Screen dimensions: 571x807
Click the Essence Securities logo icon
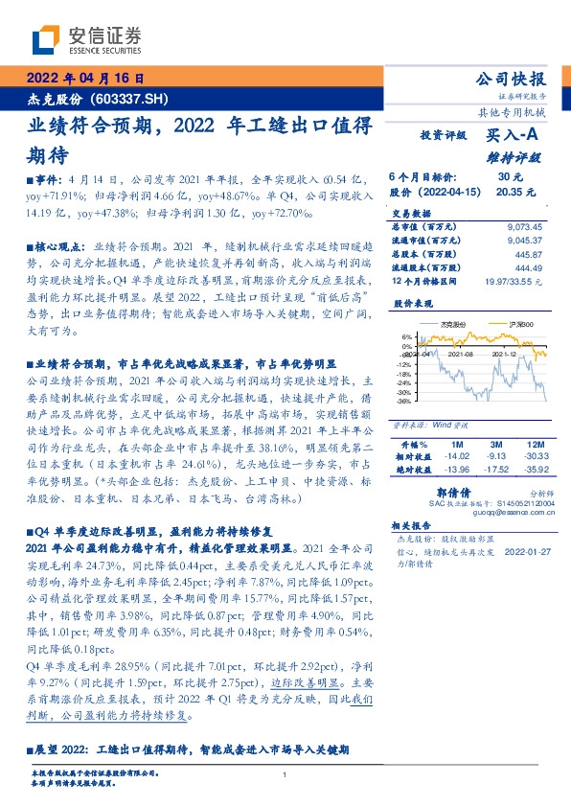tap(45, 39)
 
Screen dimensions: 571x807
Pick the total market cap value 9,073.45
tap(523, 226)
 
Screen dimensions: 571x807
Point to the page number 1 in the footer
tap(285, 774)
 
